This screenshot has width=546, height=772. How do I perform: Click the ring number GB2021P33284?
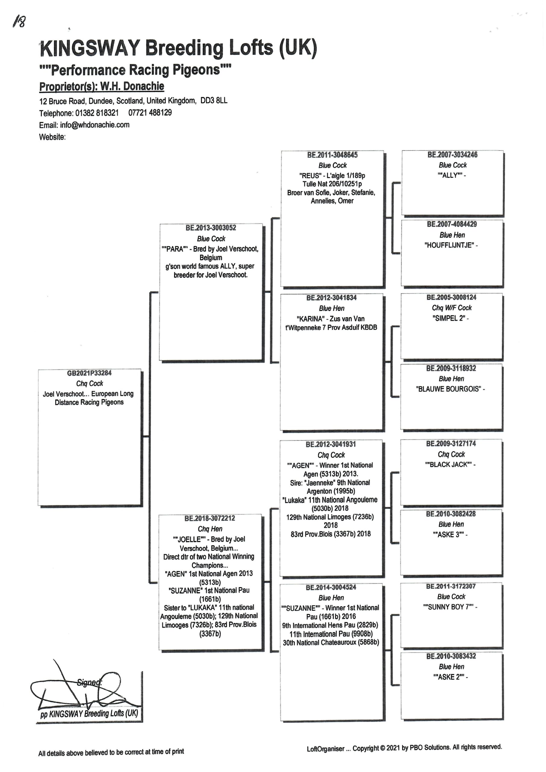coord(89,373)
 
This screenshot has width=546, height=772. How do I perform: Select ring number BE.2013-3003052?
coord(211,228)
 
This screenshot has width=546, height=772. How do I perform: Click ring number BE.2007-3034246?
coord(453,155)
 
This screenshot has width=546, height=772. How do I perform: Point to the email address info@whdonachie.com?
coord(95,125)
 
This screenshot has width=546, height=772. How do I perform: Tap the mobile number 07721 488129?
coord(150,113)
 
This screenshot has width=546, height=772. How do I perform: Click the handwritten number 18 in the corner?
coord(19,22)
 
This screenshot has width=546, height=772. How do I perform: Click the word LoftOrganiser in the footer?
coord(325,749)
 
